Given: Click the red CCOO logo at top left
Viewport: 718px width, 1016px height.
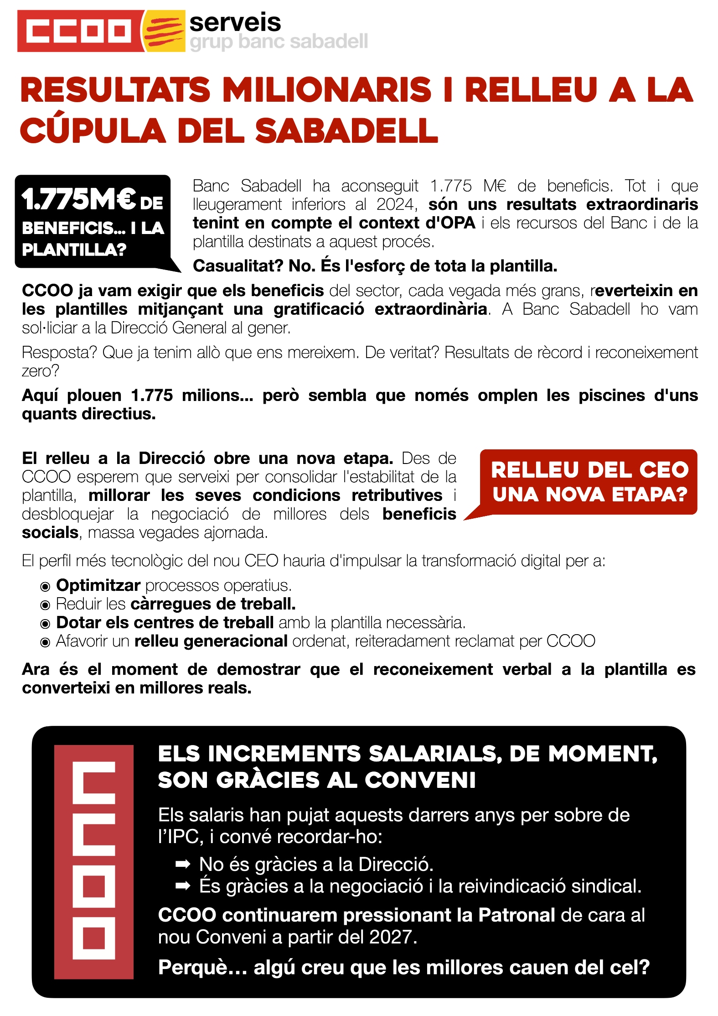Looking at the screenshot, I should (x=77, y=31).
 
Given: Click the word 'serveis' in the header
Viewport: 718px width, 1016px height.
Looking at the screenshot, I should (x=235, y=22).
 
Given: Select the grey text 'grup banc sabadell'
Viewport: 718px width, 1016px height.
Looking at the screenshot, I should (x=279, y=42).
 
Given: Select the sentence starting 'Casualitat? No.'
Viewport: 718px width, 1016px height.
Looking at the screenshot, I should (x=375, y=266).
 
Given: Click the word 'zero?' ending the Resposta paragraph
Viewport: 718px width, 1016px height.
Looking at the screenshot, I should (x=40, y=371).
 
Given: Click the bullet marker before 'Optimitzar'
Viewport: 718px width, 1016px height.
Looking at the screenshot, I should (x=45, y=586).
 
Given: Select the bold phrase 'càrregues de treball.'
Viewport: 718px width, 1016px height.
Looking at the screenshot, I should (x=213, y=604).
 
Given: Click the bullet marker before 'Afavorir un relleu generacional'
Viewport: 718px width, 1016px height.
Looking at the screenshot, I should (x=45, y=642).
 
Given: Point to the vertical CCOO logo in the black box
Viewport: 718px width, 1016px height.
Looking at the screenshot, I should (x=94, y=862).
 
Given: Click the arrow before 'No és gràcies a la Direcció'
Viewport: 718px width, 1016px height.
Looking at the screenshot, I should (x=183, y=864).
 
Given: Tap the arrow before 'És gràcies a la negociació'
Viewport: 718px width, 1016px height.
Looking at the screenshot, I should (x=183, y=886).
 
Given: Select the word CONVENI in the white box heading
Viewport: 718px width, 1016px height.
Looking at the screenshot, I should (x=420, y=780).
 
